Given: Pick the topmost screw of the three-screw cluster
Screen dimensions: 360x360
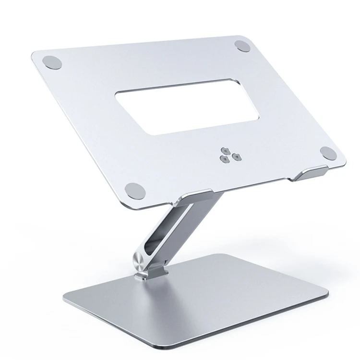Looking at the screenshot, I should [226, 150].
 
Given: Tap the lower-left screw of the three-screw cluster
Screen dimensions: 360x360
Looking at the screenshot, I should [223, 157].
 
